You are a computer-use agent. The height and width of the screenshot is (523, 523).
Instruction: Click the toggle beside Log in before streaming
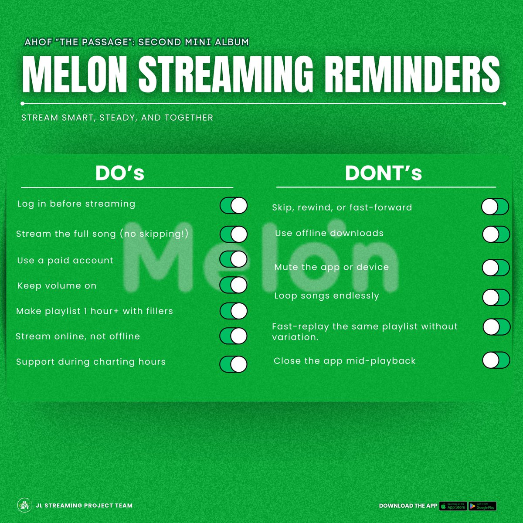pyautogui.click(x=234, y=206)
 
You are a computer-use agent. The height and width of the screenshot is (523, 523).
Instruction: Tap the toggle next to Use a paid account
pyautogui.click(x=234, y=259)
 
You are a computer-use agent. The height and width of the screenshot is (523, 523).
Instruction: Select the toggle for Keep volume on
pyautogui.click(x=234, y=285)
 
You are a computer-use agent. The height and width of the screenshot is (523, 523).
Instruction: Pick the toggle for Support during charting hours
pyautogui.click(x=234, y=364)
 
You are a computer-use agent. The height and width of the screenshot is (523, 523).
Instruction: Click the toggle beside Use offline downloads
pyautogui.click(x=496, y=234)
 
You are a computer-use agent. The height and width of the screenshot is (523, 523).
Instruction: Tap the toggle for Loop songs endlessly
pyautogui.click(x=496, y=298)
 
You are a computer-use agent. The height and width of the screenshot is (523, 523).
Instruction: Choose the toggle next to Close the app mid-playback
pyautogui.click(x=496, y=360)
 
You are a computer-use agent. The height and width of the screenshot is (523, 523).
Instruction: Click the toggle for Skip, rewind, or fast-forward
pyautogui.click(x=495, y=207)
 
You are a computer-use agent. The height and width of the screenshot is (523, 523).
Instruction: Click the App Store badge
pyautogui.click(x=453, y=506)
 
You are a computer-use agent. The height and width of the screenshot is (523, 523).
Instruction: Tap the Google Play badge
pyautogui.click(x=482, y=506)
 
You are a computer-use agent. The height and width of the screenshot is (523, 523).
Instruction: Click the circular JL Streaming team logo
pyautogui.click(x=24, y=506)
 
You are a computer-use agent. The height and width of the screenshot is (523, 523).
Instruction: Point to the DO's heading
pyautogui.click(x=120, y=173)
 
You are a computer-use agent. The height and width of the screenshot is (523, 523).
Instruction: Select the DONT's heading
pyautogui.click(x=384, y=173)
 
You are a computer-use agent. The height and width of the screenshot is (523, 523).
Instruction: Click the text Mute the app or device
pyautogui.click(x=331, y=267)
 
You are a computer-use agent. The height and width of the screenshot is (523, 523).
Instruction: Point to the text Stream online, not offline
pyautogui.click(x=78, y=336)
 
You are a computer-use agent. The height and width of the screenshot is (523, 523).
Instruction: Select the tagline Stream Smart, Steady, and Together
pyautogui.click(x=117, y=118)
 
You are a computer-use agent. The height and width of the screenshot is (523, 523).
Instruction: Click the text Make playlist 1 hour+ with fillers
pyautogui.click(x=95, y=311)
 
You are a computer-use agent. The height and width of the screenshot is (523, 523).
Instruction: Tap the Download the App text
pyautogui.click(x=408, y=506)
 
